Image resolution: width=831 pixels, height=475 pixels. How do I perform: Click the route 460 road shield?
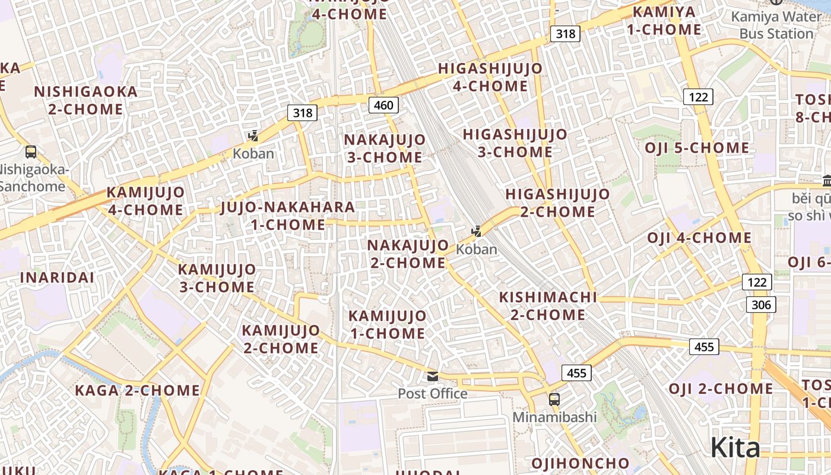[383, 106]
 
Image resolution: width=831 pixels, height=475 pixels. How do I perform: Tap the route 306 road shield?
[760, 305]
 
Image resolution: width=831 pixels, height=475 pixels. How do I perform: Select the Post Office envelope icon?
[433, 376]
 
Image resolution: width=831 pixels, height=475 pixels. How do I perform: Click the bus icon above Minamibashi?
[554, 400]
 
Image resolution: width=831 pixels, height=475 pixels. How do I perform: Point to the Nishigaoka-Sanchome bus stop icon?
[31, 152]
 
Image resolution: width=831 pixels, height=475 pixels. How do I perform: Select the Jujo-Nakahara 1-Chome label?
[288, 216]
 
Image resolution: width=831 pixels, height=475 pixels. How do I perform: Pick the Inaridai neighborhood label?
[57, 278]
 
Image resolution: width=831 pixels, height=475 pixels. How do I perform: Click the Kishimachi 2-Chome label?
[548, 306]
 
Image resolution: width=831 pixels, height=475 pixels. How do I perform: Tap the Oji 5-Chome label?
[697, 148]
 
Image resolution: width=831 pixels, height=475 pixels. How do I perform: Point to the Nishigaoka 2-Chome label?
[85, 100]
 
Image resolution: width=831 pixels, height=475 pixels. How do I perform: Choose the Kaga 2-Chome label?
[137, 391]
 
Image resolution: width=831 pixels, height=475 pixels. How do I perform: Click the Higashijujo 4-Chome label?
[490, 77]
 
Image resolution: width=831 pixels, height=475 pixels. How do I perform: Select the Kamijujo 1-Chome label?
[387, 324]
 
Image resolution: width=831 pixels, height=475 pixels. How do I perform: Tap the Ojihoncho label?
[580, 463]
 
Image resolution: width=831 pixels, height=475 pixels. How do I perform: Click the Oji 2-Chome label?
[721, 389]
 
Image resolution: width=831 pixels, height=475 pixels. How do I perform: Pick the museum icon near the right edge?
[827, 179]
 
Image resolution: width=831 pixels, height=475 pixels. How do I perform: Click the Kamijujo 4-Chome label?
[145, 201]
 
